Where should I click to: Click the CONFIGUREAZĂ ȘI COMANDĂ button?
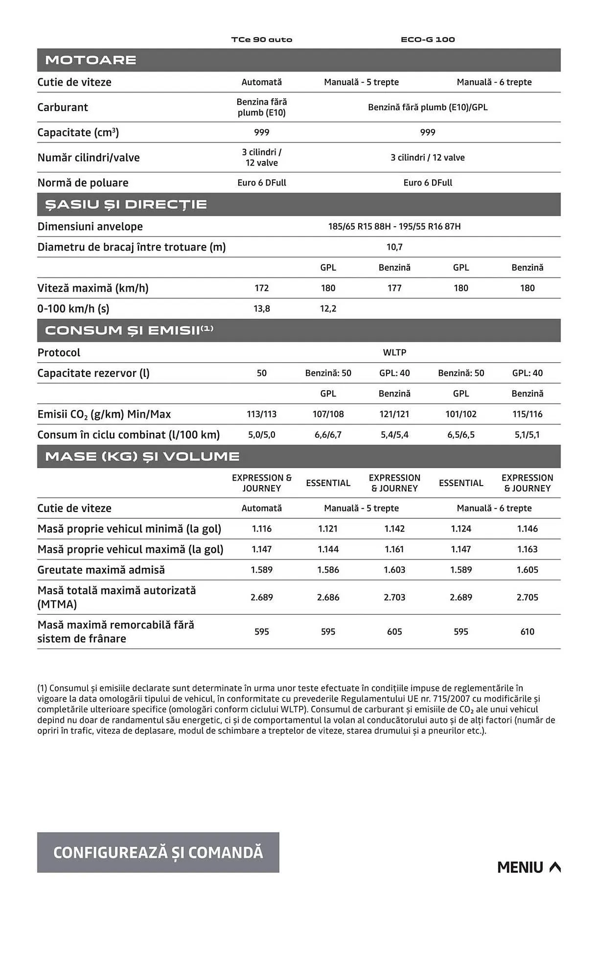(x=158, y=852)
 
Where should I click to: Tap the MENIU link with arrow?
(x=529, y=867)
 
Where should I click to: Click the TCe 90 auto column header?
(x=262, y=40)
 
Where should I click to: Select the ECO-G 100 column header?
(x=428, y=40)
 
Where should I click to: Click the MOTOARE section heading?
(x=91, y=60)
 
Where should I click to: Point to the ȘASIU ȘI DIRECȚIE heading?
(x=126, y=205)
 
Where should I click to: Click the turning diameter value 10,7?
(x=394, y=247)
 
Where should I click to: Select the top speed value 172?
(x=262, y=288)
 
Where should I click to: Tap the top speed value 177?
(x=394, y=288)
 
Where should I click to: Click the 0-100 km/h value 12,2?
(x=328, y=309)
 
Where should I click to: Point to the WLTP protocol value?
(x=394, y=352)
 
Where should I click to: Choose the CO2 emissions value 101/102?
(x=461, y=414)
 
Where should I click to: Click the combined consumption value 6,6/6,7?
(x=328, y=435)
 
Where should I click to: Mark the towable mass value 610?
(x=527, y=632)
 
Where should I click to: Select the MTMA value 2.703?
(x=394, y=598)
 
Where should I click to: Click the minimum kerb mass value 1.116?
(x=262, y=529)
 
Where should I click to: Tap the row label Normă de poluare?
(x=83, y=183)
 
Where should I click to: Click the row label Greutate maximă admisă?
(x=101, y=570)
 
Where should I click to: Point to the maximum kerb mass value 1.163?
(x=527, y=550)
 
